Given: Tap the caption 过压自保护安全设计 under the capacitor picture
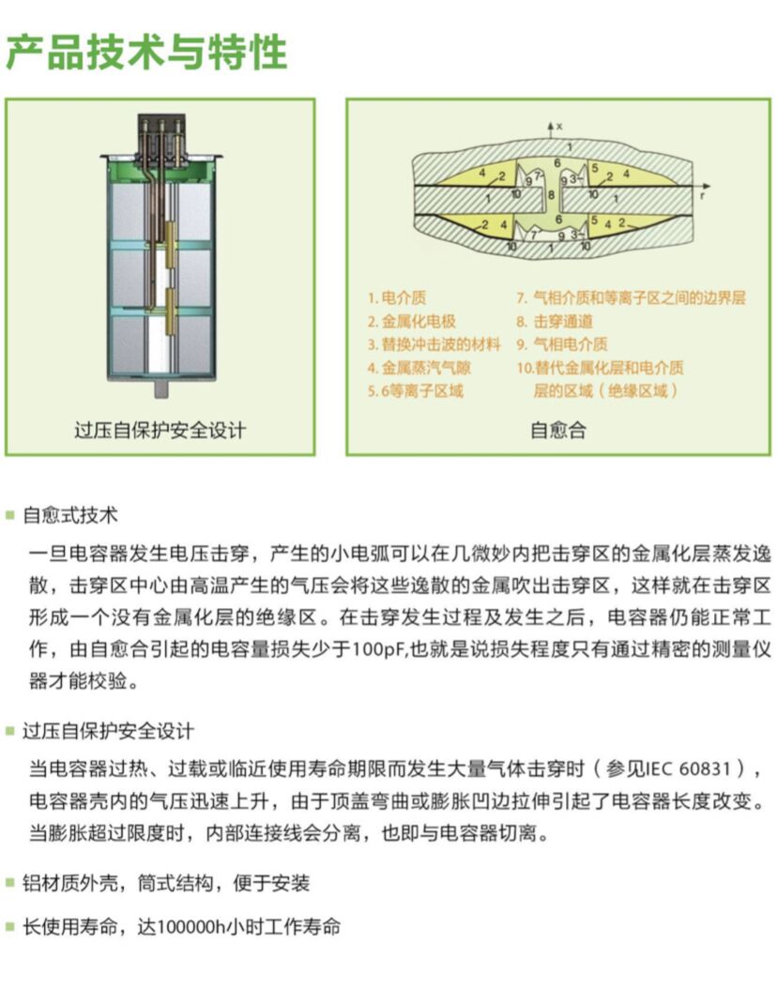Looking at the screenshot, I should coord(160,431).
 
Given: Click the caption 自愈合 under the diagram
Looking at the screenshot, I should coord(558,431).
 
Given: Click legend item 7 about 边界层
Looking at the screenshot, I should coord(631,298).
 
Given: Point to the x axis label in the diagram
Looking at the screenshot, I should coord(560,125).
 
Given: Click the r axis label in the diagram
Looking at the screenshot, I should coord(703,189).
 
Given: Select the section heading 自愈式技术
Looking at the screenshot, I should coord(70,515).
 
